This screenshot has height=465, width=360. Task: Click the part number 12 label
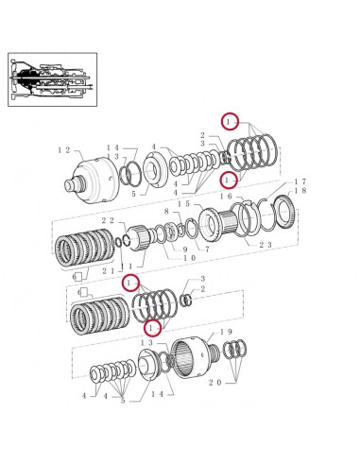click(64, 150)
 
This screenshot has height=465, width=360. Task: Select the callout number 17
click(300, 181)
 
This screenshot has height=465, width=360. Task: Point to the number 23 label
click(266, 245)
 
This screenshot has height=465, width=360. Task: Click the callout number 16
click(227, 196)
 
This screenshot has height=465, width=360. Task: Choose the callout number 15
click(185, 204)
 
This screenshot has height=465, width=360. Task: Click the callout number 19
click(227, 332)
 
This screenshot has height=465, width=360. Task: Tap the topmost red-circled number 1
click(229, 121)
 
